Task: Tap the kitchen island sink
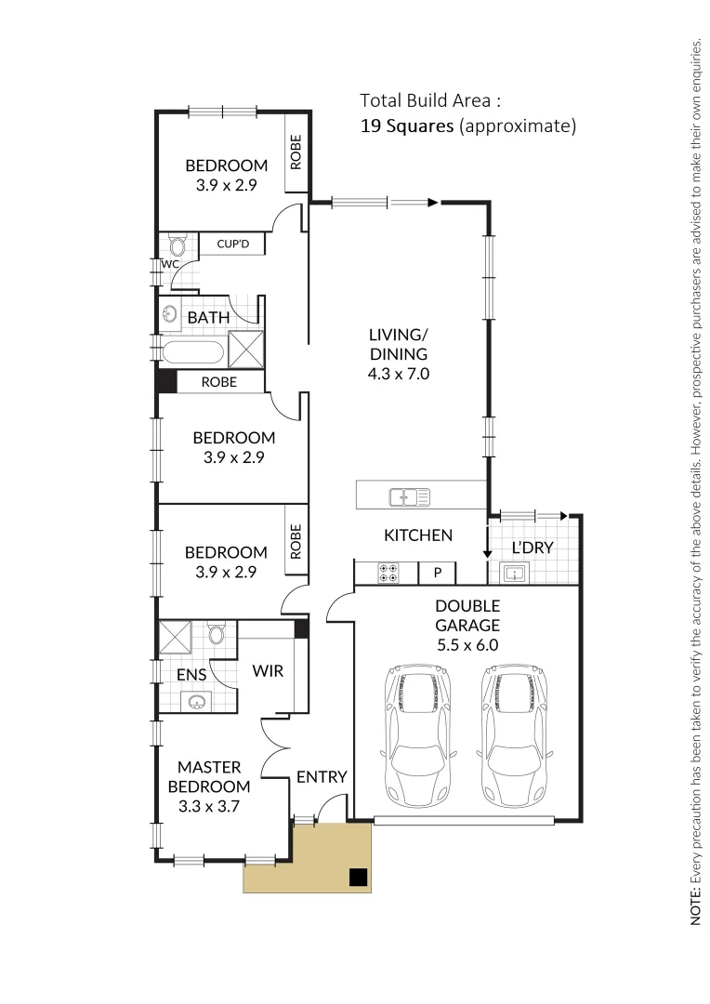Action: click(x=409, y=497)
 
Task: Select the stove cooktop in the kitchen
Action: click(x=388, y=574)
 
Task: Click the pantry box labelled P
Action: click(x=436, y=574)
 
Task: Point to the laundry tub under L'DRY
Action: click(x=514, y=573)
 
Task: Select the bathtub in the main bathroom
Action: click(x=191, y=353)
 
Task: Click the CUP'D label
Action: click(x=232, y=244)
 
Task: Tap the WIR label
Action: click(x=268, y=671)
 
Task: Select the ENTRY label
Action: click(x=322, y=777)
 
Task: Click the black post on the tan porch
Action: click(x=358, y=876)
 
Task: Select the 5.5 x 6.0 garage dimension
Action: click(x=467, y=645)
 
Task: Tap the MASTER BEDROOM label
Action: click(x=209, y=776)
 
